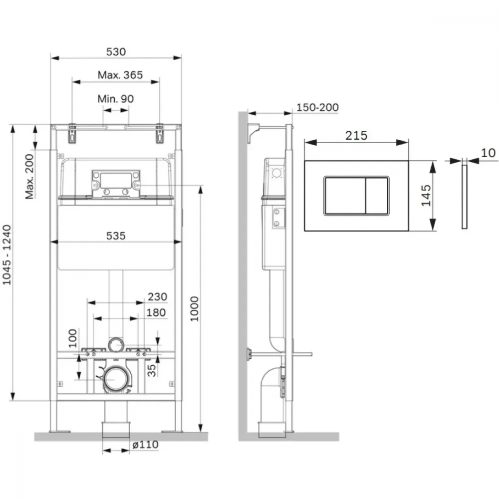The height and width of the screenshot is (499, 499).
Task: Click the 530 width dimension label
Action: click(116, 51)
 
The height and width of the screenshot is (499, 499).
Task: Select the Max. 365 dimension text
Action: click(120, 75)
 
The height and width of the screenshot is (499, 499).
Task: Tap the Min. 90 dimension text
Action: click(116, 99)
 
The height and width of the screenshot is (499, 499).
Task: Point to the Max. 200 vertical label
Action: click(29, 177)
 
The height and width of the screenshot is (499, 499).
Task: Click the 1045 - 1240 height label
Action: click(6, 254)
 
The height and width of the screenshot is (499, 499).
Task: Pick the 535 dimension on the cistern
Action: click(116, 236)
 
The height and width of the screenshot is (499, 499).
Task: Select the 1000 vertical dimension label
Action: click(194, 309)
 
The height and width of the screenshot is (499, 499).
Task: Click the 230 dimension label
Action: click(157, 296)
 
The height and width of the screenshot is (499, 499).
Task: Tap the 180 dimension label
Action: click(156, 312)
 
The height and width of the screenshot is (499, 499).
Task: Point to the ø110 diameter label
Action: click(145, 445)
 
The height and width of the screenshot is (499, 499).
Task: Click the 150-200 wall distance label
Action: click(317, 107)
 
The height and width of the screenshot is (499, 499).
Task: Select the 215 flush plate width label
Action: click(356, 136)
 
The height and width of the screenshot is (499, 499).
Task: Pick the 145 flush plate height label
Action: click(426, 196)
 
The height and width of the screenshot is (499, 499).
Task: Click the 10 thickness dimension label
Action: click(488, 153)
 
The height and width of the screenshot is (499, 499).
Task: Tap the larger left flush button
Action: click(345, 196)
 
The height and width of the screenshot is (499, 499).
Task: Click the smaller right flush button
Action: click(377, 196)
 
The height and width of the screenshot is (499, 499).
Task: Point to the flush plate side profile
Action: click(464, 196)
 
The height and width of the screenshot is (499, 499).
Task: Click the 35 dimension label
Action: click(152, 370)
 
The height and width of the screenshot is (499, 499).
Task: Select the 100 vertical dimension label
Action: click(73, 338)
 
